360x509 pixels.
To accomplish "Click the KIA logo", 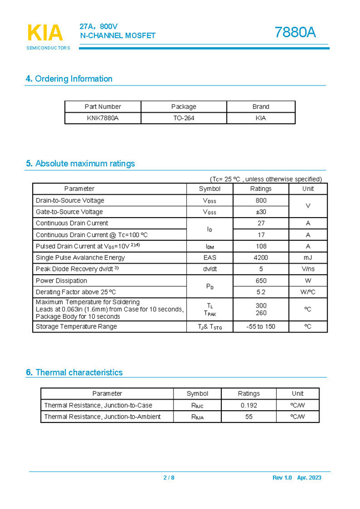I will coord(45,33).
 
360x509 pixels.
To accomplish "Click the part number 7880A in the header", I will coord(295,33).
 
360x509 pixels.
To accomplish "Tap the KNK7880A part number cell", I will coord(103,118).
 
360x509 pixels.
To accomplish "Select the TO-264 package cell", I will coord(183,118).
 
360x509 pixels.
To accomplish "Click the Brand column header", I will coord(260,107).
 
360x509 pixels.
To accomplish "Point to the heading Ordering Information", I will coord(69,79).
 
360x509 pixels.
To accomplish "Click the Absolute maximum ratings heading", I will coord(80,164).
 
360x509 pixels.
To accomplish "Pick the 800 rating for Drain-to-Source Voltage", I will coord(261,200).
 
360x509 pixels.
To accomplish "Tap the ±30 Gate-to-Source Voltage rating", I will coord(261,212).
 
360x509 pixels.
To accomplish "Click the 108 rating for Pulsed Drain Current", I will coord(261,246).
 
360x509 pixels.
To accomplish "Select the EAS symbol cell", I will coord(210,258).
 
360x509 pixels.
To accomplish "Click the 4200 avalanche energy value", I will coord(261,258).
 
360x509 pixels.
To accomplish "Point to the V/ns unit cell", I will coord(308,269).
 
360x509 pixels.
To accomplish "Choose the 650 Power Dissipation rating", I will coord(261,281).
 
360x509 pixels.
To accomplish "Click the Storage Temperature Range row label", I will coord(76,327).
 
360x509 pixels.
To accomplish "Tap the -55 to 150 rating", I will coord(261,327).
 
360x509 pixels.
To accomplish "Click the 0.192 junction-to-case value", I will coord(249,405).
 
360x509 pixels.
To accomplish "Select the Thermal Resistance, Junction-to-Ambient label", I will coord(102,417).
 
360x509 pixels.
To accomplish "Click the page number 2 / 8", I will coord(169,478).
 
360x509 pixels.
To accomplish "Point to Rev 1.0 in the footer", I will coord(282,478).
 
